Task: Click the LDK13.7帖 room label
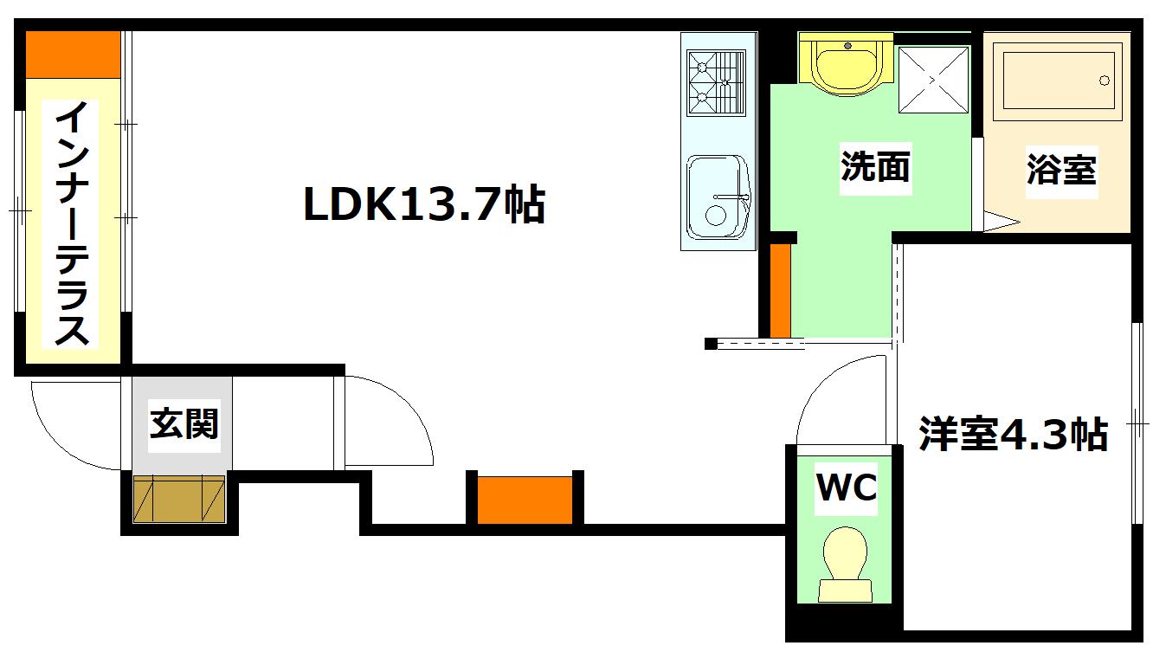click(424, 203)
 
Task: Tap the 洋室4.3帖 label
click(1013, 434)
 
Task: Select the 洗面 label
click(875, 166)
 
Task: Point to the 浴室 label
click(1061, 170)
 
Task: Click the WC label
click(847, 487)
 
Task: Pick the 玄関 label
click(184, 424)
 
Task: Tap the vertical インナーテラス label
click(71, 223)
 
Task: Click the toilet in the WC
click(845, 564)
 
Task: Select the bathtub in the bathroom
click(1058, 81)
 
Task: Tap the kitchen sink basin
click(718, 197)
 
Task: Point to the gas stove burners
click(717, 82)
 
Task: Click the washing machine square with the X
click(933, 80)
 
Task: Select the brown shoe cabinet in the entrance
click(179, 499)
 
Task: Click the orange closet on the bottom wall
click(525, 500)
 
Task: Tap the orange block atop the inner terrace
click(73, 55)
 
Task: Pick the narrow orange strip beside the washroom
click(780, 290)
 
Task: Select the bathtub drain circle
click(1105, 81)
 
